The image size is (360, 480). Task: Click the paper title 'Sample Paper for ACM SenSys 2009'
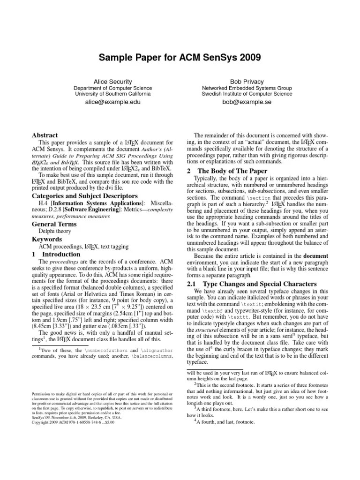point(180,58)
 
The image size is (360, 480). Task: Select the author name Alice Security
point(112,81)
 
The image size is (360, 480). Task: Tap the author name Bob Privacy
point(247,81)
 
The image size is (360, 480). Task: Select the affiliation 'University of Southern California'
point(112,94)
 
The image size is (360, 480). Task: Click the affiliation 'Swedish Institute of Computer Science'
point(247,94)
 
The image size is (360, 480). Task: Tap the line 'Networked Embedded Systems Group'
point(247,88)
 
